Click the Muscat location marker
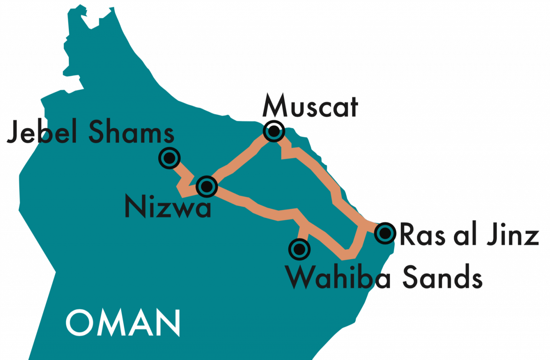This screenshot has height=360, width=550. (274, 131)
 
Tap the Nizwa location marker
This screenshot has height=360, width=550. (207, 186)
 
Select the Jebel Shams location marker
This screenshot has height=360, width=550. (169, 158)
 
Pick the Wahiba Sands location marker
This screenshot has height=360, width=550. (299, 249)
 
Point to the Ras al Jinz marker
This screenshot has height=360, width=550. (385, 233)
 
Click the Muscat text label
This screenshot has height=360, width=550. (310, 106)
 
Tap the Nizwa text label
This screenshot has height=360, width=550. (168, 207)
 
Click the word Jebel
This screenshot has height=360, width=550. (42, 132)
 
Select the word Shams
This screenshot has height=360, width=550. (131, 132)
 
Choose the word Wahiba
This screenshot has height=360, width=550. (338, 278)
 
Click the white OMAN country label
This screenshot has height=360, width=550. (123, 323)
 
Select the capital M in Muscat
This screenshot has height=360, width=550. (275, 106)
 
